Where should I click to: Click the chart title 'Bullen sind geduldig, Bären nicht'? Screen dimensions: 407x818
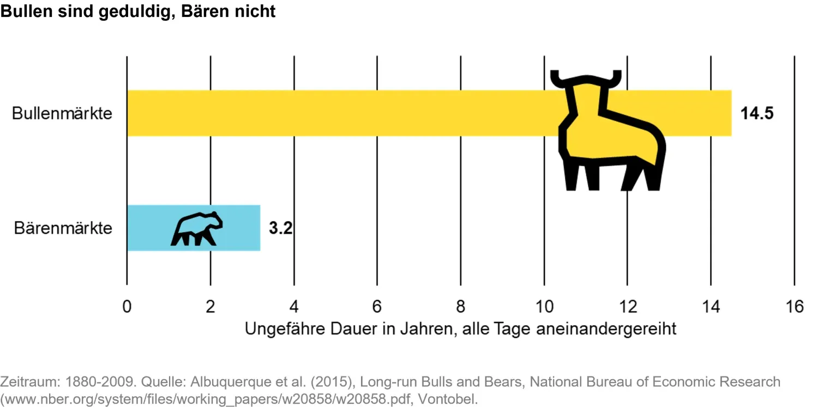click(138, 11)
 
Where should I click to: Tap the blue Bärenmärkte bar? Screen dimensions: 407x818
click(147, 228)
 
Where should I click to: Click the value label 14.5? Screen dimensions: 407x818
click(757, 113)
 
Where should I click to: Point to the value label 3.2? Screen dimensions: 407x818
click(281, 228)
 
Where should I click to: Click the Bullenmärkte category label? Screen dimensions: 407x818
click(62, 113)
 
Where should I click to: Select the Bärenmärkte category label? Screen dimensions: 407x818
click(63, 228)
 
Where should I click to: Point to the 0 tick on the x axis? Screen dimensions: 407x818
click(127, 307)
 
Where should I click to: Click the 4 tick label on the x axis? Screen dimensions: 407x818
click(294, 307)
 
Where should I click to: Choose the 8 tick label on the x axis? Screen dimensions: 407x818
click(461, 307)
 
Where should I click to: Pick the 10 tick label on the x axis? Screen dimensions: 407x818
click(544, 307)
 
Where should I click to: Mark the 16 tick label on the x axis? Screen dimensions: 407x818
click(795, 307)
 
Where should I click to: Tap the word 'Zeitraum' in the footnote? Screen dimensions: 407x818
click(23, 382)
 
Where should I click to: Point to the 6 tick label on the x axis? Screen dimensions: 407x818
click(377, 307)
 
